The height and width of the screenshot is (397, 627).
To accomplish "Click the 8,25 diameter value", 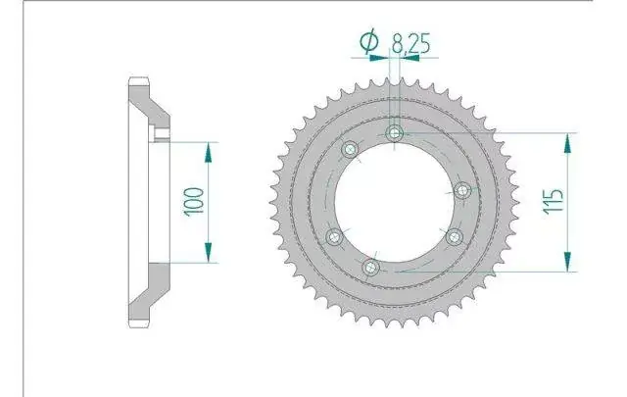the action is point(410,43).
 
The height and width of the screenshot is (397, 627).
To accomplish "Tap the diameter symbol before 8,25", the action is point(368,41).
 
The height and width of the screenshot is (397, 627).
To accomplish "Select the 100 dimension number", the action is point(194,201).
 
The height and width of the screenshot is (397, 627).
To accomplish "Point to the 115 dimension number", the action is point(554,201).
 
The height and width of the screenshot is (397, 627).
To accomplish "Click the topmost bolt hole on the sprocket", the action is point(395,133).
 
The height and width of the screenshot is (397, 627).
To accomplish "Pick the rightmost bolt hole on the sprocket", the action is point(462,190).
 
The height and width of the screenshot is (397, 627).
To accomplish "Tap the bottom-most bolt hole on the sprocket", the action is point(370,268).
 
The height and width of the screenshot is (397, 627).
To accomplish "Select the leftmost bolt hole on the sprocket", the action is point(334,237).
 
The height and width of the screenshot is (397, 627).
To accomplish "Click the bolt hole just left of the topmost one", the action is point(350,150).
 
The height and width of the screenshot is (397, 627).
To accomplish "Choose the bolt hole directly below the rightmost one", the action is point(455,237).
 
